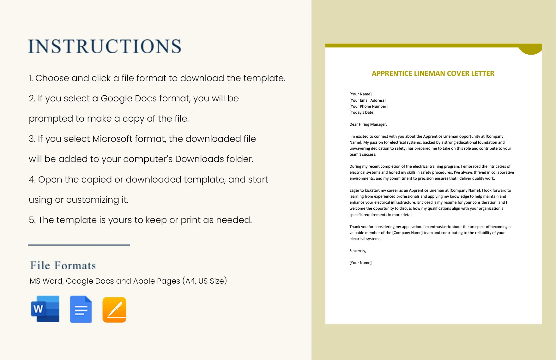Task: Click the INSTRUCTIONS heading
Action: pyautogui.click(x=105, y=46)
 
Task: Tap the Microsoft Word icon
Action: pyautogui.click(x=45, y=309)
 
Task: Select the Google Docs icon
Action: pyautogui.click(x=81, y=309)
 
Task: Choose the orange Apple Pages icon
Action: pyautogui.click(x=114, y=309)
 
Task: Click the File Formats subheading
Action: pyautogui.click(x=63, y=265)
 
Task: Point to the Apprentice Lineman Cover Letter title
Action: pyautogui.click(x=433, y=73)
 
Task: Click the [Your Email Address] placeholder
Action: pyautogui.click(x=367, y=100)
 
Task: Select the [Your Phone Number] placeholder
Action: pyautogui.click(x=368, y=106)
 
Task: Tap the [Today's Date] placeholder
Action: pyautogui.click(x=362, y=112)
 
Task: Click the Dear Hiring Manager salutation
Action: pyautogui.click(x=368, y=124)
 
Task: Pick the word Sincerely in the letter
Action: pyautogui.click(x=358, y=251)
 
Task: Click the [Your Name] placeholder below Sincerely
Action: pyautogui.click(x=360, y=263)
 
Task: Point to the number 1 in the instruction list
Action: pyautogui.click(x=30, y=78)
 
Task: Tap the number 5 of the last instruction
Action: pyautogui.click(x=31, y=220)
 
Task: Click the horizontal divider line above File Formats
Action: pyautogui.click(x=79, y=245)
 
